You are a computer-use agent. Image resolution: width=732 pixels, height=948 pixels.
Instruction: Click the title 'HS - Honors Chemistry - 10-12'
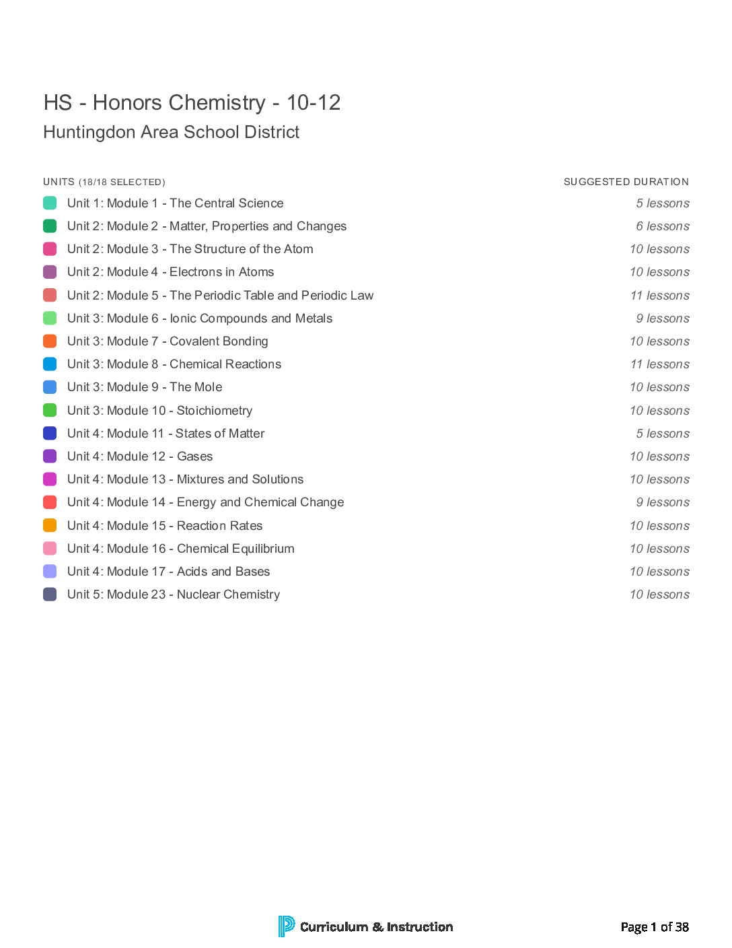point(192,103)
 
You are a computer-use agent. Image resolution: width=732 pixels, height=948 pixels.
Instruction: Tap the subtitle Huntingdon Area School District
point(171,132)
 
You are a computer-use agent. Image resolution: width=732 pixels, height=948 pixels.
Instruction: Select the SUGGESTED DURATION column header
point(626,182)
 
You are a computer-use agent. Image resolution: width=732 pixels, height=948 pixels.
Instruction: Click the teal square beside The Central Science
point(50,203)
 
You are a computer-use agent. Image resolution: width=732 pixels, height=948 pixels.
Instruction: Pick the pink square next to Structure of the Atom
point(50,249)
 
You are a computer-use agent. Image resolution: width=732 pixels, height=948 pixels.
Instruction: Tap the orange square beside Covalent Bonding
point(50,341)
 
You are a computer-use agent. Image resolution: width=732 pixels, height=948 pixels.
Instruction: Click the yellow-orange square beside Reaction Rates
point(50,526)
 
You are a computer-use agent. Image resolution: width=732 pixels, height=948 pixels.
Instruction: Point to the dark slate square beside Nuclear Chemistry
point(50,595)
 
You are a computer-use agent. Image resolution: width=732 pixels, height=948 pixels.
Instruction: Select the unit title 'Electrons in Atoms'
point(170,272)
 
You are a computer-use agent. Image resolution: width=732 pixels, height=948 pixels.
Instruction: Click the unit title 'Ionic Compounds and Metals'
point(199,318)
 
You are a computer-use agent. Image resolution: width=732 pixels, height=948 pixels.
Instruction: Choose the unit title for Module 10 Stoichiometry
point(159,411)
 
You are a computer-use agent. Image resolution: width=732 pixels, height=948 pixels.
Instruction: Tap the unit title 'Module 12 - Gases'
point(140,456)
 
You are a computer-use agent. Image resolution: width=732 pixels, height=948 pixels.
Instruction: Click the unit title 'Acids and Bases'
point(168,572)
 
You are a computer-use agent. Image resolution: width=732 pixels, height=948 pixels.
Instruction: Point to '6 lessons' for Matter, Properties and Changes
point(662,226)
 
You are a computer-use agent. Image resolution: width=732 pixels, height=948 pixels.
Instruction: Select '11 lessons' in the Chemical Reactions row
point(659,364)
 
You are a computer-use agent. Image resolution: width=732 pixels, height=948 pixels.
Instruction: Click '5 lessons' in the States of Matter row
point(662,434)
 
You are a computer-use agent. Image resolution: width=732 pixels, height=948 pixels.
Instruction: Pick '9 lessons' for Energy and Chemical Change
point(662,502)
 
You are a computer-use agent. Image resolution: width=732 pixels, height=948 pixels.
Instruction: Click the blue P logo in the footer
point(286,926)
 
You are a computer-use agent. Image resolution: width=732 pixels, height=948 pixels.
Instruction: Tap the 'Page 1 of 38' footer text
point(654,927)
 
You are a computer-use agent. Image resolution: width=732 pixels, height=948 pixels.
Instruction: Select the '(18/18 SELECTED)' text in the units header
point(122,182)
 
